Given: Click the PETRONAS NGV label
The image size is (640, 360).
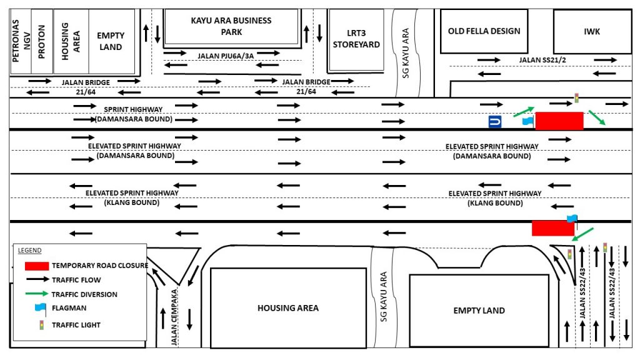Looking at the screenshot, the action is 21,41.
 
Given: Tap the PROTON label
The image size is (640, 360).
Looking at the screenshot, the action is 42,42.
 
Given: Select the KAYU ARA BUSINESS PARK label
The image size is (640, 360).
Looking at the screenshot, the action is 231,26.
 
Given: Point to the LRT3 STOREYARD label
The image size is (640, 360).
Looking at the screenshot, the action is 356,39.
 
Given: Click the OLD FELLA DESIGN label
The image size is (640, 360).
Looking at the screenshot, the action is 484,31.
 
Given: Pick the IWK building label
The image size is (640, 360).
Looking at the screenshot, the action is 592,31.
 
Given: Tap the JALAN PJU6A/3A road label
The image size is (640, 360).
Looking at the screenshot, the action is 226,56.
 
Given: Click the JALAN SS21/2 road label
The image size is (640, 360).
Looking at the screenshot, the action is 542,60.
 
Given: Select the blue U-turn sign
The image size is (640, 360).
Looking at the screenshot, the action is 495,122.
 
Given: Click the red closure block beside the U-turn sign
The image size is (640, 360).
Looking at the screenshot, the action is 559,121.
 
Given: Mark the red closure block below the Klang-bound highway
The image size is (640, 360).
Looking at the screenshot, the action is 553,228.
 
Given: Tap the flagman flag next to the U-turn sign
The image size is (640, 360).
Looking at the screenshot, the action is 528,121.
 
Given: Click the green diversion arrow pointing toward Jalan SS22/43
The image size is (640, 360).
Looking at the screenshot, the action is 582,235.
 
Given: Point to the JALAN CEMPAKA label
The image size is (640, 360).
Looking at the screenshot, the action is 174,317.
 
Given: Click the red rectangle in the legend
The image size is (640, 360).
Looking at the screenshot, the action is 37,266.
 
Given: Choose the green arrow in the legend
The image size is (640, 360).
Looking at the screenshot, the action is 37,294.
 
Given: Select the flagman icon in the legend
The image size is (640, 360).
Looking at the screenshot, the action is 41,309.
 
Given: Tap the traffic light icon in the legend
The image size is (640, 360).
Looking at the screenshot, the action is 41,325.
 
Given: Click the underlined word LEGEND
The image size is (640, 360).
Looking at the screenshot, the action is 29,250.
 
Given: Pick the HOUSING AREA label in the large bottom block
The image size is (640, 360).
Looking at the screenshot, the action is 287,308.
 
